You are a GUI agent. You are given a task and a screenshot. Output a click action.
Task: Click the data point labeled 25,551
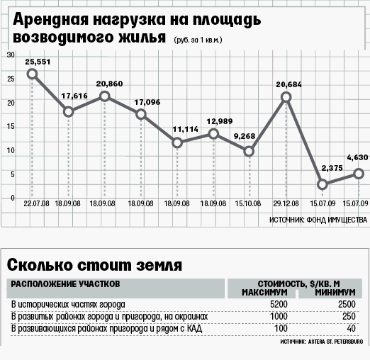[x=32, y=74]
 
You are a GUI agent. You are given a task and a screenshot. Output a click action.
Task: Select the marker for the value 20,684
[x=286, y=97]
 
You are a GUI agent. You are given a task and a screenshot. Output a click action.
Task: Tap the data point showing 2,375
[x=323, y=184]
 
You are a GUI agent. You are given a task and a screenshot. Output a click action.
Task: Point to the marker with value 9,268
[x=249, y=152]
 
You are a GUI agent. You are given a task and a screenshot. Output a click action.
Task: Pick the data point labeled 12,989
[x=213, y=134]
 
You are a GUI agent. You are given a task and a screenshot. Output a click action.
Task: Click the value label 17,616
[x=74, y=96]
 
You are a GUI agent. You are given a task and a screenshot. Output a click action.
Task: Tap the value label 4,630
[x=357, y=157]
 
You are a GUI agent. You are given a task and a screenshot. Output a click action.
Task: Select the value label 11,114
[x=185, y=129]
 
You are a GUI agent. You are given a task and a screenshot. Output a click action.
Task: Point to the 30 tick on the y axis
[x=11, y=55]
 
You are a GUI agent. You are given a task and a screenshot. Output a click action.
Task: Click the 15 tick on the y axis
[x=11, y=127]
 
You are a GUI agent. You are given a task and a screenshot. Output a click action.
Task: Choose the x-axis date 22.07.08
[x=36, y=203]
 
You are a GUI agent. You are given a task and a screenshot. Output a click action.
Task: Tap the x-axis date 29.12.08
[x=286, y=203]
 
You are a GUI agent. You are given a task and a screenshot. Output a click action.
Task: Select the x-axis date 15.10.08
[x=248, y=203]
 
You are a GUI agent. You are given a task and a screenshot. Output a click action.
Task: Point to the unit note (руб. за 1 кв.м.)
[x=198, y=40]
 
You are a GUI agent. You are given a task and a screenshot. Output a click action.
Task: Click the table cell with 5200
[x=279, y=304]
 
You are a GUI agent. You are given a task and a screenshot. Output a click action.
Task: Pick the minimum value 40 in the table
[x=351, y=328]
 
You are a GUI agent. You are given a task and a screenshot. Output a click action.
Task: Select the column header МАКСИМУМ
[x=264, y=293]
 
